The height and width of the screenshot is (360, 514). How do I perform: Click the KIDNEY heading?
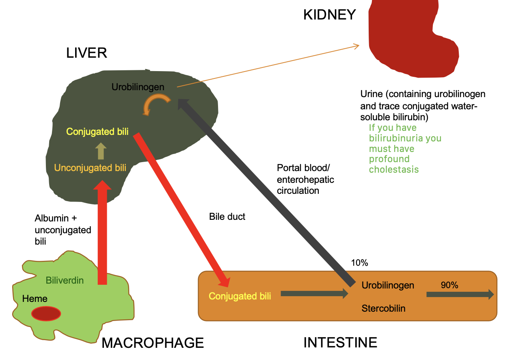pyautogui.click(x=329, y=15)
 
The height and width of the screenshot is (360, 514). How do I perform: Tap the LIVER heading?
pyautogui.click(x=86, y=53)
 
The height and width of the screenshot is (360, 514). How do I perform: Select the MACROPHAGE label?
pyautogui.click(x=152, y=343)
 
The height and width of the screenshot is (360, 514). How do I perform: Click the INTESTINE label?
pyautogui.click(x=340, y=343)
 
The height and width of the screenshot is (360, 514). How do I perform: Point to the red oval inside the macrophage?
pyautogui.click(x=46, y=314)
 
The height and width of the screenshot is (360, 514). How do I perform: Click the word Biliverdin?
pyautogui.click(x=65, y=280)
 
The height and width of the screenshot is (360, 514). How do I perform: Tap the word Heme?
pyautogui.click(x=35, y=299)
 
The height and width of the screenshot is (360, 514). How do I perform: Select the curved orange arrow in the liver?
pyautogui.click(x=157, y=103)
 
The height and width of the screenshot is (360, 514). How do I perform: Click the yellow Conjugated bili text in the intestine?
pyautogui.click(x=240, y=296)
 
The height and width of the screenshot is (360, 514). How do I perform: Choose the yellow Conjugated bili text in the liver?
pyautogui.click(x=97, y=132)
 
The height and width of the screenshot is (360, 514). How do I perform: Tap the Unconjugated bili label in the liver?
pyautogui.click(x=90, y=168)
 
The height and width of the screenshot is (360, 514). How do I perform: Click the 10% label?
pyautogui.click(x=359, y=263)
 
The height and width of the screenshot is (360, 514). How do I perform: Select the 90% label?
pyautogui.click(x=449, y=285)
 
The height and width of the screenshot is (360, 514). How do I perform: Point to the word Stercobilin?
pyautogui.click(x=383, y=308)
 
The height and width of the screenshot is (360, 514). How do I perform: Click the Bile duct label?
pyautogui.click(x=227, y=217)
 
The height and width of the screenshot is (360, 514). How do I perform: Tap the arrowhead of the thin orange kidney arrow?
pyautogui.click(x=356, y=46)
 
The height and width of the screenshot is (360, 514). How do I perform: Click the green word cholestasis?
pyautogui.click(x=393, y=169)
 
